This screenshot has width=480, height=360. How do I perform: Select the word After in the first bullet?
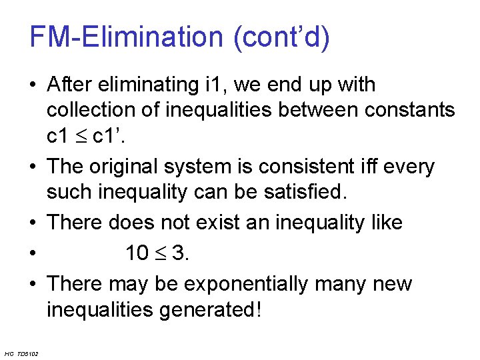pos(72,85)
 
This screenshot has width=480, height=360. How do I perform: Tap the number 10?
pos(137,253)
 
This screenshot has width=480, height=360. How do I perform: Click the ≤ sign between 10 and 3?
pos(161,253)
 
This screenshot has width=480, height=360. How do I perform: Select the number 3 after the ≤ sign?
pos(179,253)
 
